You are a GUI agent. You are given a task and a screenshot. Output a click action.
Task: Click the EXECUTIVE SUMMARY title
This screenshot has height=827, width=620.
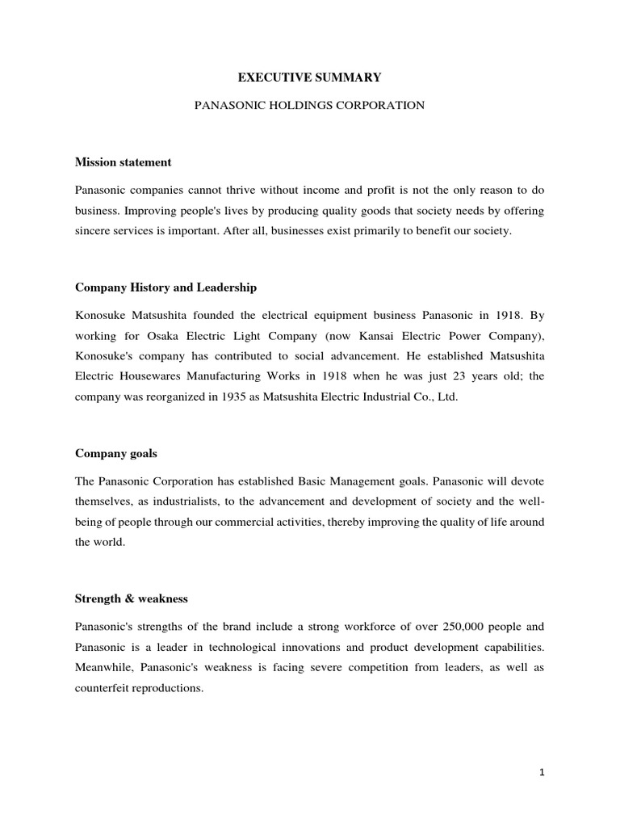point(309,78)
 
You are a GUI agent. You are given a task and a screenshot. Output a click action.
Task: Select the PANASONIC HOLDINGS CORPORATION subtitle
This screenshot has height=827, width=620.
point(309,106)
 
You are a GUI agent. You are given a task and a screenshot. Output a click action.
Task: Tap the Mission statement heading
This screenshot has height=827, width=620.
point(123,162)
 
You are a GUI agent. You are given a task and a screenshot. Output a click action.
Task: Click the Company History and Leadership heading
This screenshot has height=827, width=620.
point(165,287)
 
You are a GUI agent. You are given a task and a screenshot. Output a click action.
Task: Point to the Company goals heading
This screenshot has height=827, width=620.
point(115,454)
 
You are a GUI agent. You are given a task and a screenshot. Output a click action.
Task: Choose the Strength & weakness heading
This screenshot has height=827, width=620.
point(131,599)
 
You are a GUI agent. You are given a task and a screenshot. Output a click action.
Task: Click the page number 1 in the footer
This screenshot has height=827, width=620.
point(542,773)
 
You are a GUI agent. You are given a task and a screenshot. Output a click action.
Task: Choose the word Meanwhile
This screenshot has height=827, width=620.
point(103,668)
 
